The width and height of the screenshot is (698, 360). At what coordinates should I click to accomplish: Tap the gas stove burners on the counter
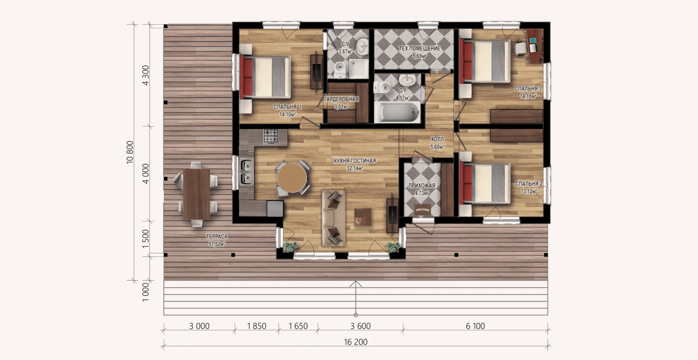271,136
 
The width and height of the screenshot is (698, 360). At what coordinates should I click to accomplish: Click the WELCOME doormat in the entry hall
422,210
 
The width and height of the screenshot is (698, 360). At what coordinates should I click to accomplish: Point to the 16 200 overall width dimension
356,342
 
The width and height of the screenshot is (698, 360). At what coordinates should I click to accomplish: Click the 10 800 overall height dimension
130,152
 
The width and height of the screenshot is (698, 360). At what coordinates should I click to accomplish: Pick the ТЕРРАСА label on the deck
216,237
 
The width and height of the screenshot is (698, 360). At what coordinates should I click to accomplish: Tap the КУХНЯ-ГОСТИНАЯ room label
355,161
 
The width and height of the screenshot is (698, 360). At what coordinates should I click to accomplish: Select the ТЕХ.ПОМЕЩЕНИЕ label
420,49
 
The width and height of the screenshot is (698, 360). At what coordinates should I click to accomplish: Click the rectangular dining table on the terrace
196,194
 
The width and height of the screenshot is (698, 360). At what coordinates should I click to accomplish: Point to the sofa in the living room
333,218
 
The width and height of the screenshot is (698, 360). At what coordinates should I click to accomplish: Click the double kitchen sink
246,172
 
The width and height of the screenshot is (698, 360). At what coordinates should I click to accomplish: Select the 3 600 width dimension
360,326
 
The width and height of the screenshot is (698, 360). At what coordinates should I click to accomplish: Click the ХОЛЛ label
437,139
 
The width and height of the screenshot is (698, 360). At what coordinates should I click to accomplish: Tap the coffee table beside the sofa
363,217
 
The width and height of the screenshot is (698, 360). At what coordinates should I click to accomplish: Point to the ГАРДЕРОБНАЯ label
341,99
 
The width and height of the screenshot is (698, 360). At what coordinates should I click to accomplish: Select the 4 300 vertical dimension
145,75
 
